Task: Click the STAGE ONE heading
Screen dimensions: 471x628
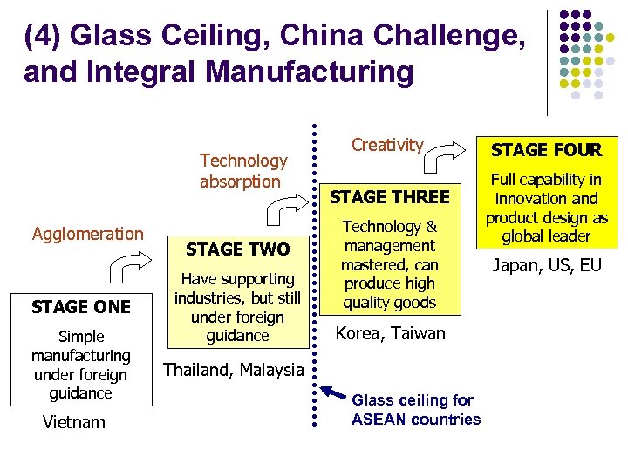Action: tap(80, 307)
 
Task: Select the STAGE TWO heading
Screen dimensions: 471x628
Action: tap(237, 249)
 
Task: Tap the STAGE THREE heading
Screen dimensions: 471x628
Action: tap(389, 197)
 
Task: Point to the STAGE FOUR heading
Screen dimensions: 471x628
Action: tap(546, 149)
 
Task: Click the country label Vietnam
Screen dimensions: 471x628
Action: tap(73, 423)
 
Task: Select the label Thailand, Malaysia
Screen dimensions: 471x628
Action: tap(233, 370)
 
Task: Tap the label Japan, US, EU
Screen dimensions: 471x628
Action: tap(547, 264)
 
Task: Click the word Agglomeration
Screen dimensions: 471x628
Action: tap(87, 234)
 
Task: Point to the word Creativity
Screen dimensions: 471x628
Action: tap(387, 145)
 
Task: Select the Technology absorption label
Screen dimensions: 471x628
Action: tap(242, 171)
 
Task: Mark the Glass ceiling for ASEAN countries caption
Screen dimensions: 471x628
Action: tap(415, 410)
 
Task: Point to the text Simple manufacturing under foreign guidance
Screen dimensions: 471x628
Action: tap(80, 365)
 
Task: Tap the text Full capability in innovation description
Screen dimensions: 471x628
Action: tap(546, 208)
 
